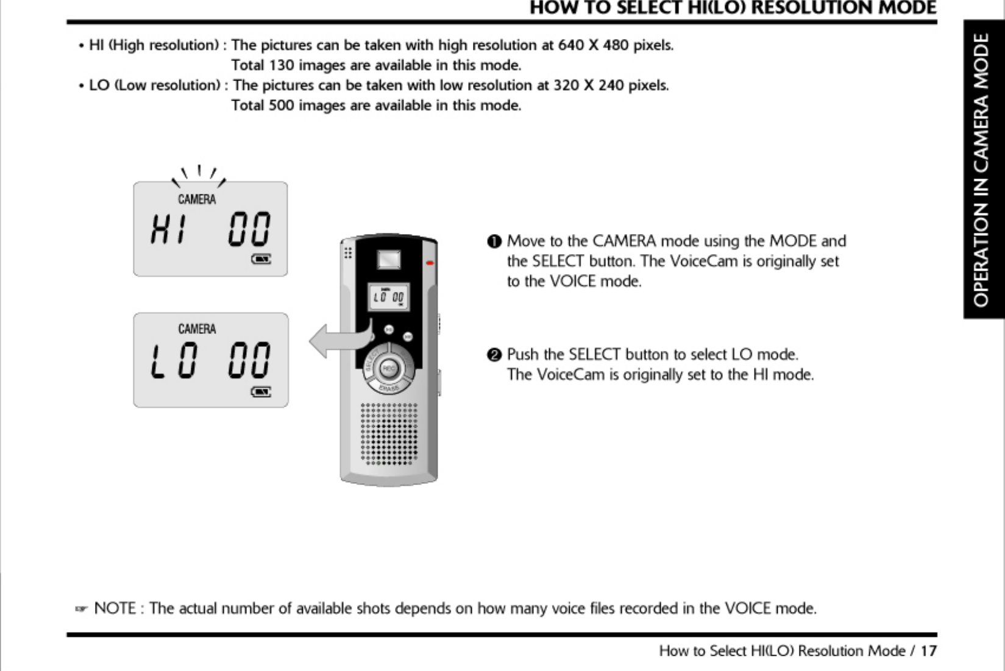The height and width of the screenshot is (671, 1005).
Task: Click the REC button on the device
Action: pyautogui.click(x=389, y=368)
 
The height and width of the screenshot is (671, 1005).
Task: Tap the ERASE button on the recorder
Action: pyautogui.click(x=388, y=388)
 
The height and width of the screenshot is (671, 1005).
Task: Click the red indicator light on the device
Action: pyautogui.click(x=430, y=263)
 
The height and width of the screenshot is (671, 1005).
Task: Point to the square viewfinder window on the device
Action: pyautogui.click(x=388, y=260)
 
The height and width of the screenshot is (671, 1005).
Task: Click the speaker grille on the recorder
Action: pyautogui.click(x=389, y=433)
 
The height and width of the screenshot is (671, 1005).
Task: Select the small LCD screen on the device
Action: pyautogui.click(x=388, y=297)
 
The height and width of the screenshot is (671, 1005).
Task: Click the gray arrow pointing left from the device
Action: pyautogui.click(x=332, y=341)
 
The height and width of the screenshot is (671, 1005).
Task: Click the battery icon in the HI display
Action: pyautogui.click(x=261, y=260)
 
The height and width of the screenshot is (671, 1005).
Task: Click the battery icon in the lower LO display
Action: pyautogui.click(x=261, y=392)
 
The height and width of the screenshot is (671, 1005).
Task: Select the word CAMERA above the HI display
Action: pyautogui.click(x=196, y=199)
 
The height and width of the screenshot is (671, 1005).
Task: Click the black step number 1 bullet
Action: pyautogui.click(x=494, y=241)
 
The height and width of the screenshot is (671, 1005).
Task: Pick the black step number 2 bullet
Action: pyautogui.click(x=494, y=355)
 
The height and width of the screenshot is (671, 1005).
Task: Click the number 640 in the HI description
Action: pyautogui.click(x=570, y=45)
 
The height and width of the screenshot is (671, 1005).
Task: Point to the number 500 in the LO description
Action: pyautogui.click(x=281, y=105)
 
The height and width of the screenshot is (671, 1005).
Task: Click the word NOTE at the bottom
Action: pyautogui.click(x=115, y=608)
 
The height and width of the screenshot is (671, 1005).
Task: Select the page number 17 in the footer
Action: pyautogui.click(x=928, y=651)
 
